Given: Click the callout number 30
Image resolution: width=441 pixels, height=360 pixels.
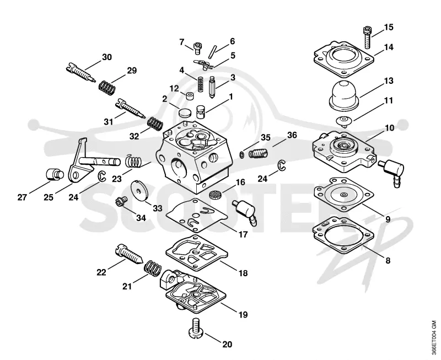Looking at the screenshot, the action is coord(106,57).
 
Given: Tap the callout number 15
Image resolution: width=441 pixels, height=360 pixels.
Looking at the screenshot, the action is coord(389,27).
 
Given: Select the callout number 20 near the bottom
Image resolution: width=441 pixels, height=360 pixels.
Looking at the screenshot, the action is coord(227,344).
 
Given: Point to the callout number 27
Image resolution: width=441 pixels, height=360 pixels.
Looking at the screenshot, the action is coord(22,197).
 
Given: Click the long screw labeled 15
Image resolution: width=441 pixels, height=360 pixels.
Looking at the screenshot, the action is coord(366,37).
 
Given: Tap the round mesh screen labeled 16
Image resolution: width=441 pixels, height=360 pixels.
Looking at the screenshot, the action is coord(215,194).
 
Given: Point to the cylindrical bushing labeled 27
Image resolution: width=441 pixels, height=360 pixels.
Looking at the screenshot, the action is coord(54,175).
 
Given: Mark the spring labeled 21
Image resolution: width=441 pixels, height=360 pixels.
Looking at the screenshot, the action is coord(153,268).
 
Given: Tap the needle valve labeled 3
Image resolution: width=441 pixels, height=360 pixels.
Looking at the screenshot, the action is coord(213,88).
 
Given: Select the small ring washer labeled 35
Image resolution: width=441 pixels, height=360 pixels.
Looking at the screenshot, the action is coord(242,154).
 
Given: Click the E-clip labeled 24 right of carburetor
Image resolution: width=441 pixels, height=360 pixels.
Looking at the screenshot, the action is coord(282,165).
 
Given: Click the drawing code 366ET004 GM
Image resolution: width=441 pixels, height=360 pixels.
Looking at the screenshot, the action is coord(435,337).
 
